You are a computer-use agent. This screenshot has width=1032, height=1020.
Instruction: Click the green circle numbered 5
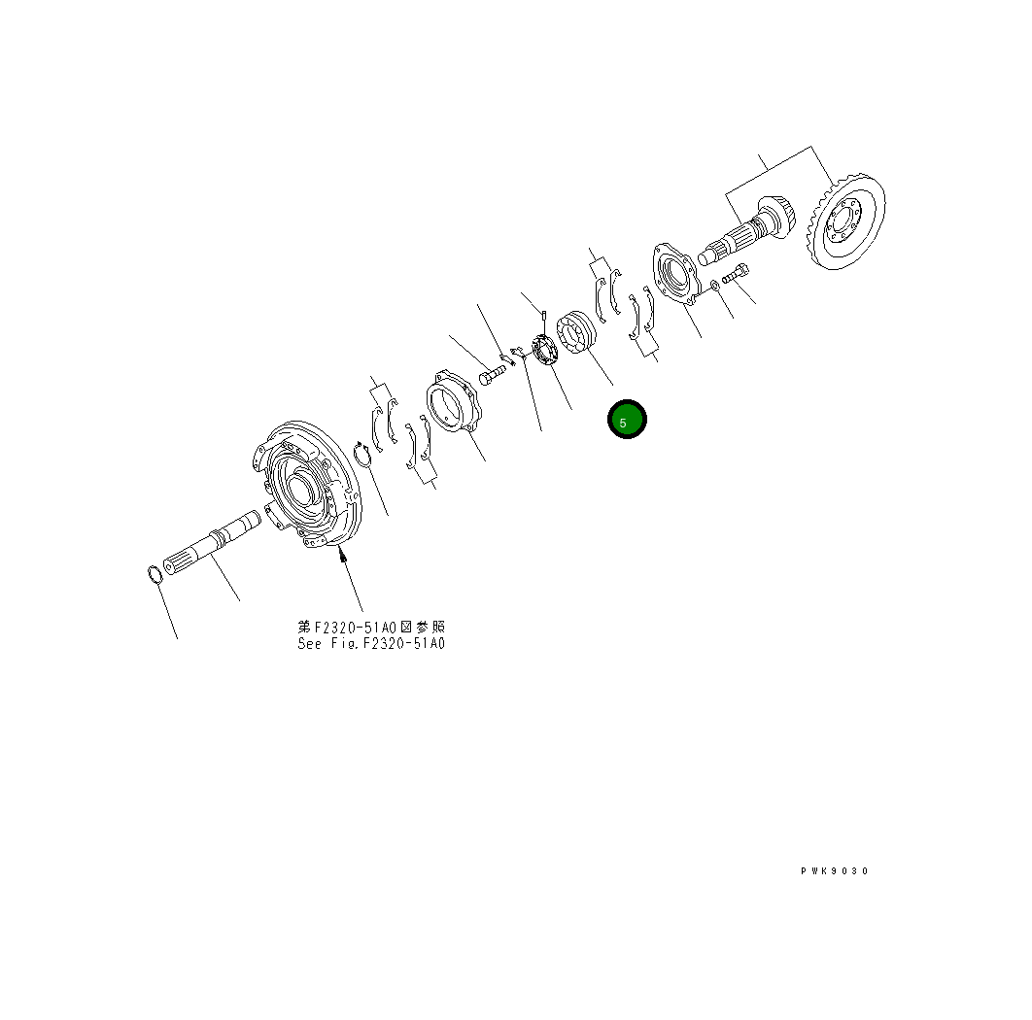coord(627,420)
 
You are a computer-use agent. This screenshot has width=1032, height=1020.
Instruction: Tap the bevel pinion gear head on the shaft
coord(774,219)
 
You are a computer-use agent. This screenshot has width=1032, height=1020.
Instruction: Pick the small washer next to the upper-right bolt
coord(714,285)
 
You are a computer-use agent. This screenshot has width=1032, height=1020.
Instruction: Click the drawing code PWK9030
coord(835,871)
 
